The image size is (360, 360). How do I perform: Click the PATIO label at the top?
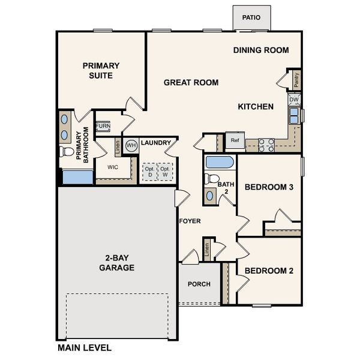251,17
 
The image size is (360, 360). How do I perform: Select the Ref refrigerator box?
235,140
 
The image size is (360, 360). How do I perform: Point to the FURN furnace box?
103,126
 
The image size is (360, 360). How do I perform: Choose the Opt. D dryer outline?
148,172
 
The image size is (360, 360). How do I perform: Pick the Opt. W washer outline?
164,172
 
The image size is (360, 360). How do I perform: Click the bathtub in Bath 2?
219,162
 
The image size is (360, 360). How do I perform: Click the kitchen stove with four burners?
266,145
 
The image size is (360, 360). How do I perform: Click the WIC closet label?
112,167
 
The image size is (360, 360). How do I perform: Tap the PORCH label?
198,284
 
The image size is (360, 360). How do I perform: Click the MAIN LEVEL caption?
84,347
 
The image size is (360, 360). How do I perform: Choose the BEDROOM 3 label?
269,187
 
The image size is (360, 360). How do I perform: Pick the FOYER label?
190,221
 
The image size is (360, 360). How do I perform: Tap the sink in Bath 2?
210,194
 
